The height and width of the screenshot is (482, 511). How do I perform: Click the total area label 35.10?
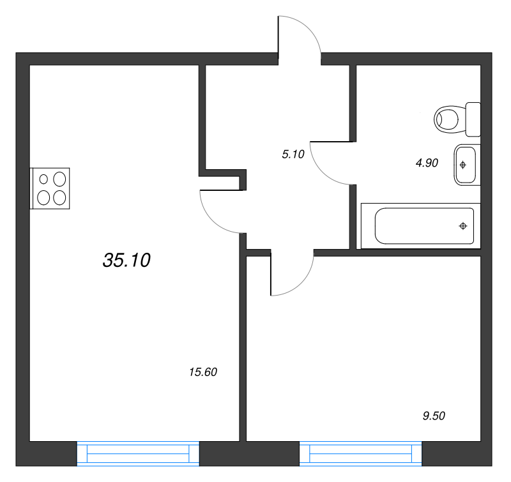click(126, 260)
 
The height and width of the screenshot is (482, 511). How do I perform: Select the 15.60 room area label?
click(204, 372)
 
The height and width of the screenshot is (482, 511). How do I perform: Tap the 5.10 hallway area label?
click(293, 153)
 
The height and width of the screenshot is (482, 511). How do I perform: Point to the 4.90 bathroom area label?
click(426, 163)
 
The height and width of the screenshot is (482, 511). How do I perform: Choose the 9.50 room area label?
click(434, 416)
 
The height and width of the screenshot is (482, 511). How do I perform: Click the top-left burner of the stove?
click(44, 179)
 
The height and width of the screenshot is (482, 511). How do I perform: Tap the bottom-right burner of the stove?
click(59, 197)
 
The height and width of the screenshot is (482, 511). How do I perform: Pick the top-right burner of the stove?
click(59, 179)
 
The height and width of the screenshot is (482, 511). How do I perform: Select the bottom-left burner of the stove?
click(44, 197)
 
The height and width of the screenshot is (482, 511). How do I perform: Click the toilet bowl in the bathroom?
click(449, 119)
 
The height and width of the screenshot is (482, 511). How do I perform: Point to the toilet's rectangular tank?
click(473, 119)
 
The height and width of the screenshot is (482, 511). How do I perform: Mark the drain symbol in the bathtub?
click(463, 226)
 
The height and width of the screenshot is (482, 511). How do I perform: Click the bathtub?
click(422, 226)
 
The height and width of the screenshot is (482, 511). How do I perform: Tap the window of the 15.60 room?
click(138, 453)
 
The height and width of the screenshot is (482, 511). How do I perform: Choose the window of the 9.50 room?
click(360, 453)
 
